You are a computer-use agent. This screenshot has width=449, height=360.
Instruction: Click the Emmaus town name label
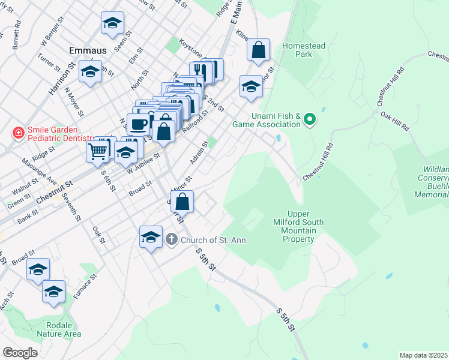(x=88, y=50)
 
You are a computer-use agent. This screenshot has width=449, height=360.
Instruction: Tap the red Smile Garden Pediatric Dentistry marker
(x=19, y=131)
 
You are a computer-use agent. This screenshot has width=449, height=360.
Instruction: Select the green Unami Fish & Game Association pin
(x=310, y=120)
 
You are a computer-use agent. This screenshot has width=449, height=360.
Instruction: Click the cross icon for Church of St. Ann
(x=171, y=240)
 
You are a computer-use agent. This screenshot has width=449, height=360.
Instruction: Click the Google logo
(x=20, y=353)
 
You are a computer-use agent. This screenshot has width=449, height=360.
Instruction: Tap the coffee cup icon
(x=138, y=124)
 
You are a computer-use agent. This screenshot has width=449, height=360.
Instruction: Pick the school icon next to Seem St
(x=112, y=22)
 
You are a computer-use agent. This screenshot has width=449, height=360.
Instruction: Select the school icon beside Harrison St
(x=90, y=71)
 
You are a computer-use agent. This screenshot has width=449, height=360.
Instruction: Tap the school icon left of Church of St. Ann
(x=151, y=236)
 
